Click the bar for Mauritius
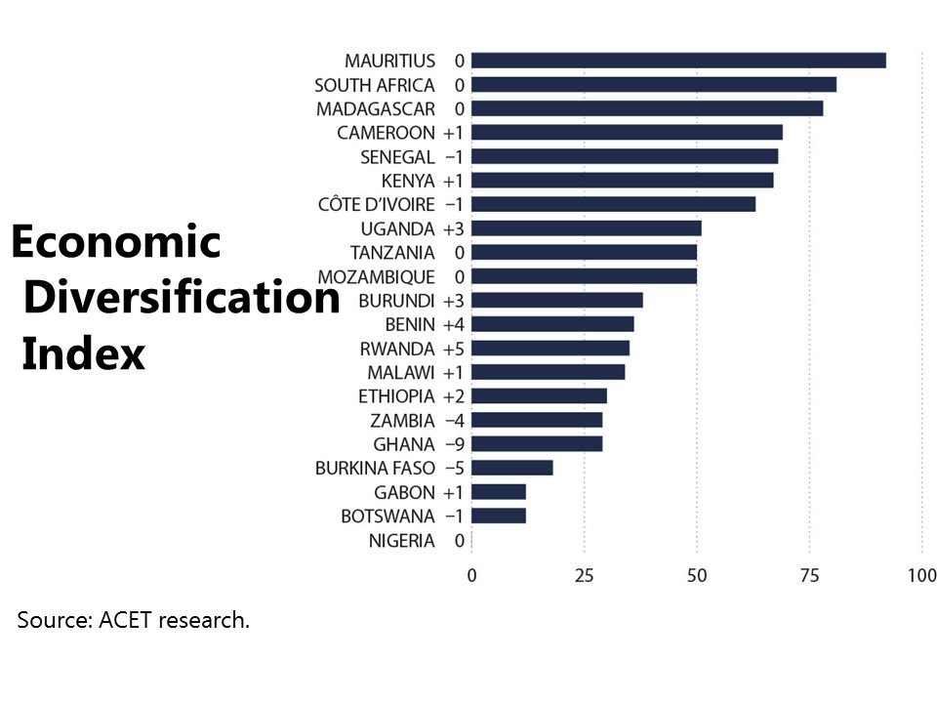tap(678, 61)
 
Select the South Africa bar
tap(654, 84)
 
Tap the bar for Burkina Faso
tap(512, 468)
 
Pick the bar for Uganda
tap(587, 228)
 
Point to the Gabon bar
tap(499, 492)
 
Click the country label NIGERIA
tap(401, 540)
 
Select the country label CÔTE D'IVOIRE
tap(377, 204)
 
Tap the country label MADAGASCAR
tap(376, 108)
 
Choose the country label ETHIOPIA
tap(396, 396)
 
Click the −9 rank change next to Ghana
tap(454, 444)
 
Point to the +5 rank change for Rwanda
tap(454, 349)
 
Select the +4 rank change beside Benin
tap(454, 324)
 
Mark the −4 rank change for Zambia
tap(454, 421)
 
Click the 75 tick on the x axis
tap(809, 575)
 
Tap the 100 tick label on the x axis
tap(922, 575)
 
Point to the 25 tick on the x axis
tap(585, 575)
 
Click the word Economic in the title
tap(116, 242)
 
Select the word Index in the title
tap(83, 353)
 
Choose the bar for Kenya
tap(623, 180)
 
